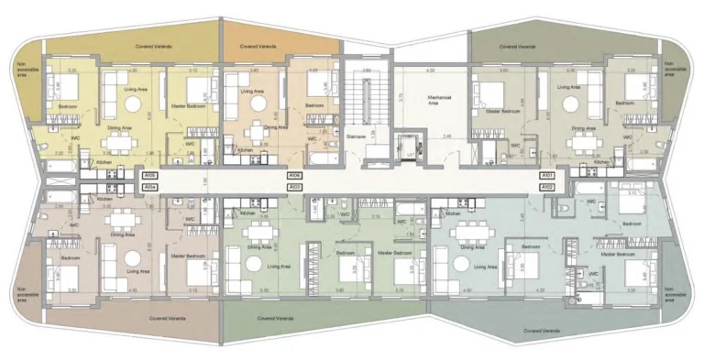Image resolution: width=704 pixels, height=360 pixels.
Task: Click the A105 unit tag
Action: pyautogui.click(x=150, y=174)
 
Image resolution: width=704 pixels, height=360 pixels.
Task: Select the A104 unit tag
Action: pyautogui.click(x=150, y=186)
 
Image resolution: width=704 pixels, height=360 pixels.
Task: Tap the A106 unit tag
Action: pyautogui.click(x=294, y=174)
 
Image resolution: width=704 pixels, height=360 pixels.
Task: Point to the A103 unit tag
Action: pyautogui.click(x=294, y=186)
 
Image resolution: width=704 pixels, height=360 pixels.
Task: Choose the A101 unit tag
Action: pyautogui.click(x=548, y=174)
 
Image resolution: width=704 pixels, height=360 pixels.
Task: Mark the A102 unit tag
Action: pyautogui.click(x=548, y=186)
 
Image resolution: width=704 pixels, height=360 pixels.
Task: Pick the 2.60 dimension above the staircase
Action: pyautogui.click(x=365, y=70)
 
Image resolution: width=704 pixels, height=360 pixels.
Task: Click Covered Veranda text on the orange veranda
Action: pyautogui.click(x=258, y=44)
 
